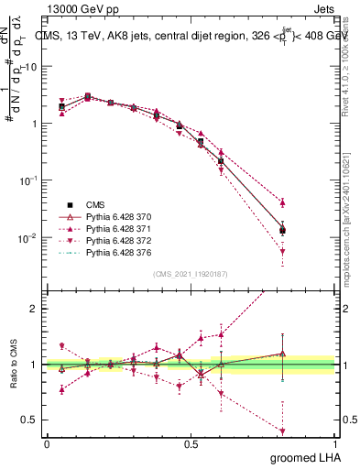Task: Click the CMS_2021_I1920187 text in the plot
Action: pyautogui.click(x=190, y=274)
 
